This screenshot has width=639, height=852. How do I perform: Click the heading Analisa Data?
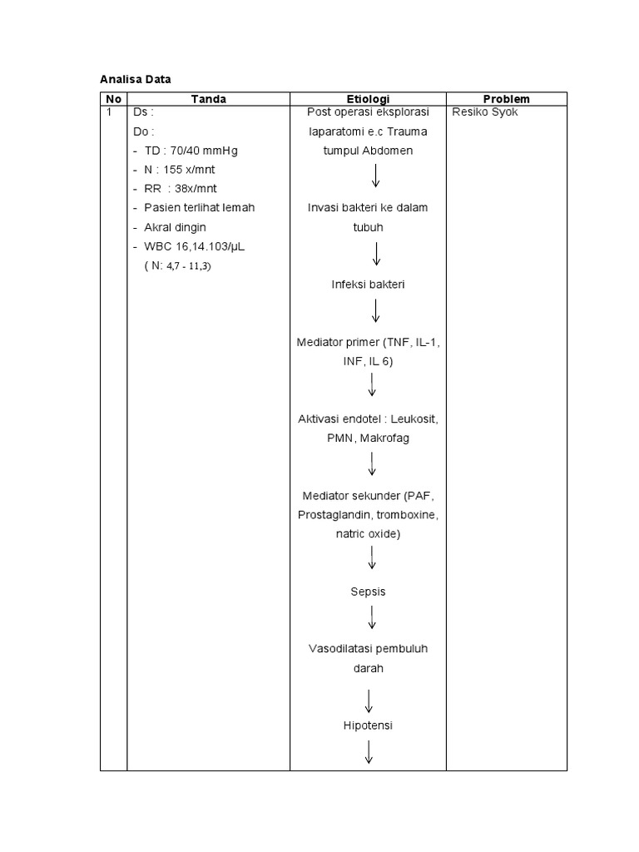(135, 80)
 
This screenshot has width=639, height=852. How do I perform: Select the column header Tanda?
(208, 99)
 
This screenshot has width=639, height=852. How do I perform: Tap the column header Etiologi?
(367, 99)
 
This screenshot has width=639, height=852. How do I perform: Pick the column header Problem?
(506, 99)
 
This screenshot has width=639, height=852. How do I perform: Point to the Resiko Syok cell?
(485, 112)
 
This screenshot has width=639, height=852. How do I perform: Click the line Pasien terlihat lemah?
(199, 207)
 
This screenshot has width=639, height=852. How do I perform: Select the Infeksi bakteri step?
(367, 285)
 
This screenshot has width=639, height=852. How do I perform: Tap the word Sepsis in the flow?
(368, 592)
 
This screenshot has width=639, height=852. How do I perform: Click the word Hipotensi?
(367, 726)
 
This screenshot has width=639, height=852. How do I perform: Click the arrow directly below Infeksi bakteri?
(376, 311)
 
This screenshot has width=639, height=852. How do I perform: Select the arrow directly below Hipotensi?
(368, 751)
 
